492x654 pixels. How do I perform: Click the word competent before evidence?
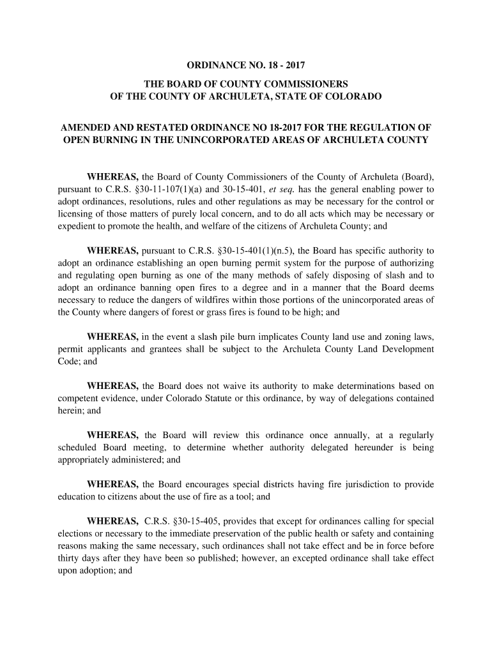pyautogui.click(x=78, y=399)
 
